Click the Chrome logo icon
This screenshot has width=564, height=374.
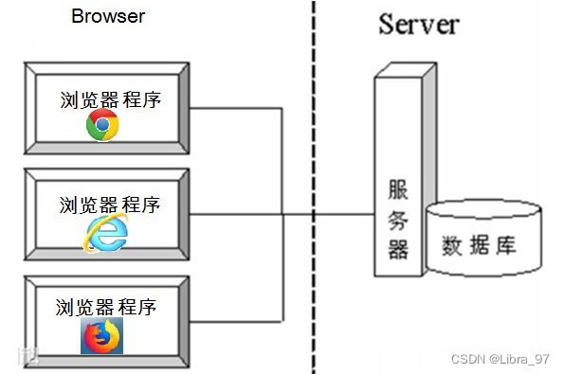pos(102,126)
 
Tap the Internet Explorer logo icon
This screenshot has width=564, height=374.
pos(104,234)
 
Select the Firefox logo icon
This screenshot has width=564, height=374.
pos(101,335)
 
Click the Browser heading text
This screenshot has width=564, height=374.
pos(108,16)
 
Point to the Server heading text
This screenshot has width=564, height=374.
pos(419,24)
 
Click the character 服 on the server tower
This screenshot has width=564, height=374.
pos(397,188)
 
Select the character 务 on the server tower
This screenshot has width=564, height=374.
pos(397,219)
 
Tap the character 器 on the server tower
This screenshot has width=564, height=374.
pos(397,249)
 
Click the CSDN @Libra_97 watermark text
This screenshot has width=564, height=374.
pos(500,359)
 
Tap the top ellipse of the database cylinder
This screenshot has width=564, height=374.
pos(482,209)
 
